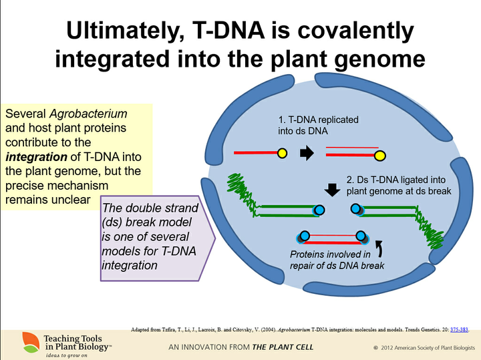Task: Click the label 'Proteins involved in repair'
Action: pos(330,259)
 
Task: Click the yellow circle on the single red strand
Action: pos(282,153)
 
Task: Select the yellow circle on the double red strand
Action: pos(380,156)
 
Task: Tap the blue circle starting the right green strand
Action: pos(357,210)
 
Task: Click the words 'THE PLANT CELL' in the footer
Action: pos(283,347)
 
